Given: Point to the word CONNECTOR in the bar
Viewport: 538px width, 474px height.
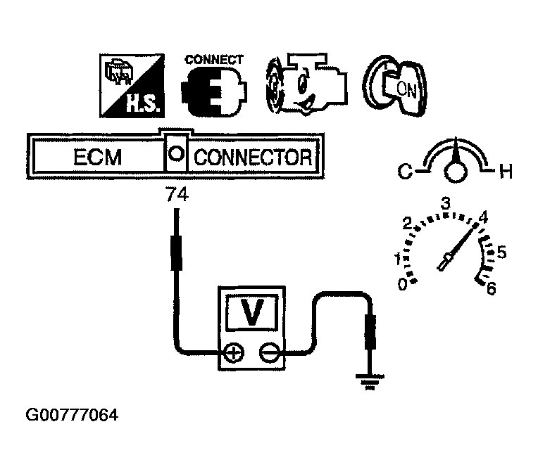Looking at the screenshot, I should (x=252, y=157).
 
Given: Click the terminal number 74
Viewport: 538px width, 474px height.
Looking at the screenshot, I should (x=176, y=197).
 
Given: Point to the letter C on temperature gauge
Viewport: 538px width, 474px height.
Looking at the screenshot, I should (x=406, y=170).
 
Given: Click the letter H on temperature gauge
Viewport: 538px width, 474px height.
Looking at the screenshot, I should (x=505, y=171).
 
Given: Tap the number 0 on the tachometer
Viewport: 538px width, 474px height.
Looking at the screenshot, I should (x=402, y=284).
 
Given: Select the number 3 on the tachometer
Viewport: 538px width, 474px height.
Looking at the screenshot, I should (x=445, y=203).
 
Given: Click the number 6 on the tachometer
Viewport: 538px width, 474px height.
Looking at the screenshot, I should (x=492, y=289).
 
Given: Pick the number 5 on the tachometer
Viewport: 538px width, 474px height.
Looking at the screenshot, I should (x=501, y=252).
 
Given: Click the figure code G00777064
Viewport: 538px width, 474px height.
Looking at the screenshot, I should (x=72, y=416).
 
